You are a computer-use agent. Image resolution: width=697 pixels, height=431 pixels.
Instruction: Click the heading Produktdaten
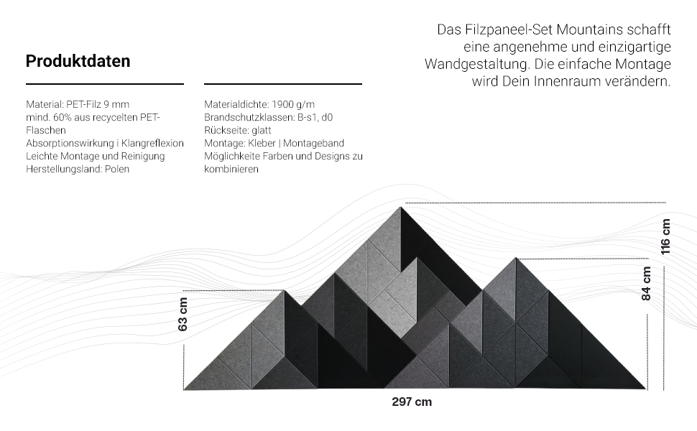pos(78,61)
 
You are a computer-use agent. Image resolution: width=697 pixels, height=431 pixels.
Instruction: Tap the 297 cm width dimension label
pos(412,402)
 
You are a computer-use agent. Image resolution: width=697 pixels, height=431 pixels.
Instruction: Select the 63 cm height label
pos(183,314)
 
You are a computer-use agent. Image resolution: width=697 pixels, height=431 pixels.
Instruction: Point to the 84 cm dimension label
pos(647,283)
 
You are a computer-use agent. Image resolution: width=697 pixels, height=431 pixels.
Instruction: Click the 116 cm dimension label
pos(666,237)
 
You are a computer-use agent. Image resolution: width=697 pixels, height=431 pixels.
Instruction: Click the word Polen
pos(117,169)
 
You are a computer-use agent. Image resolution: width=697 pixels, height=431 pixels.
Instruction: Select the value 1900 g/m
pos(293,104)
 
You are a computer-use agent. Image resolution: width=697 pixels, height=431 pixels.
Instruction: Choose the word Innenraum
pos(571,81)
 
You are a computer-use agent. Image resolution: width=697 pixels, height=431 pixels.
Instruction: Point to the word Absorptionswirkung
pos(70,143)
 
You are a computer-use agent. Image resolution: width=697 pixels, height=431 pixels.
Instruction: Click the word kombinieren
pos(231,169)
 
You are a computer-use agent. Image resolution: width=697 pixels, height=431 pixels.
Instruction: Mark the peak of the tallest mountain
pos(401,208)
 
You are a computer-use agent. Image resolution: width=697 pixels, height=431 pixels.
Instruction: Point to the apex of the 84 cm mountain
pos(515,258)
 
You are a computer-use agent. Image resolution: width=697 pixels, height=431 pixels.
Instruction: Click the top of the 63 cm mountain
pos(284,291)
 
